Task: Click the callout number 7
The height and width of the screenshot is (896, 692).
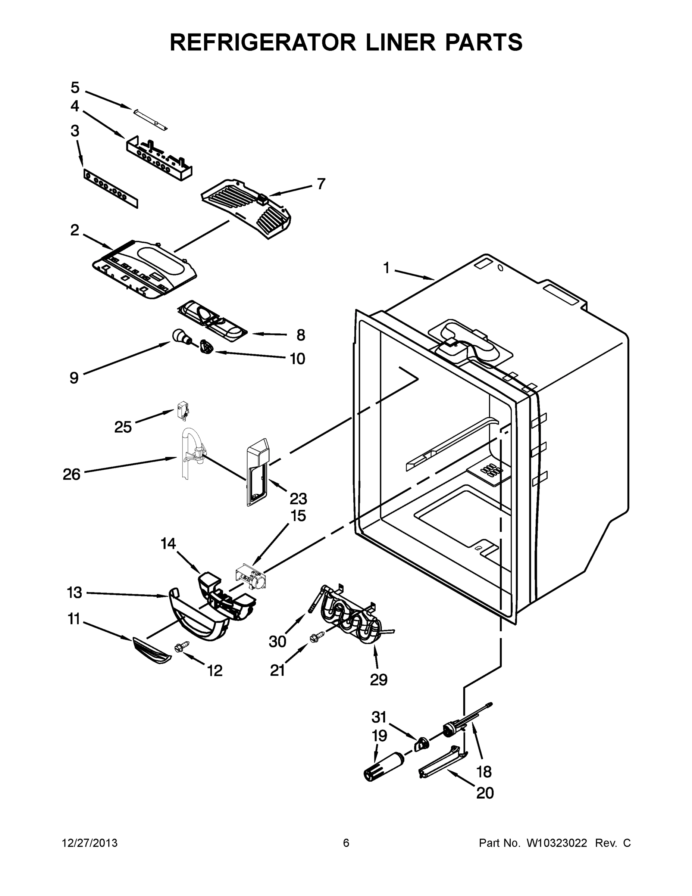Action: pos(321,184)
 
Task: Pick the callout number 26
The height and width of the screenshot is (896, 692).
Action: pos(72,475)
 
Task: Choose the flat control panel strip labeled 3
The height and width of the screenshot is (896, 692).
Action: pos(111,189)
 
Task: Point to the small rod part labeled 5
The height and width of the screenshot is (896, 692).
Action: pos(150,120)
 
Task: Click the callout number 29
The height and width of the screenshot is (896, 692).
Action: pos(378,680)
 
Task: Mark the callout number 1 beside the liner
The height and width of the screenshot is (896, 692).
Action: pos(386,268)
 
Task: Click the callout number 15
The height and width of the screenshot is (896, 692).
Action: pos(298,516)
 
